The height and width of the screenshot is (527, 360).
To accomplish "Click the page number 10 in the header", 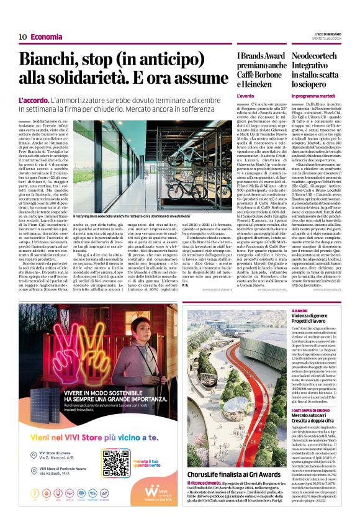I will click(x=22, y=37).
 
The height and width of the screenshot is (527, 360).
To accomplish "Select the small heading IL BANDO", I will click(x=300, y=310).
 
